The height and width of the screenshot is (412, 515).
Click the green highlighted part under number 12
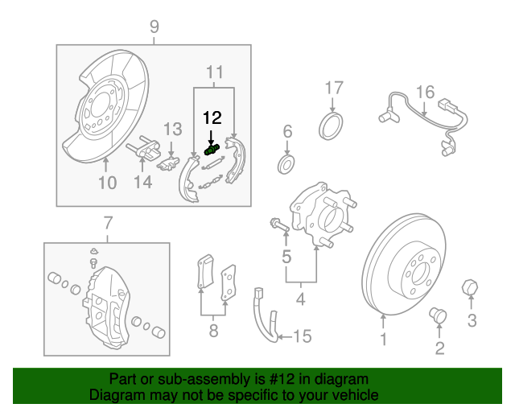coord(212,150)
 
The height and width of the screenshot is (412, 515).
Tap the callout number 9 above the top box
coord(154,27)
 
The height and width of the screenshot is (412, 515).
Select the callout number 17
coord(334,88)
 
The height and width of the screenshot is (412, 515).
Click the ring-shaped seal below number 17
coord(331,126)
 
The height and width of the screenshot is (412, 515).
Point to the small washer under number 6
coord(286,165)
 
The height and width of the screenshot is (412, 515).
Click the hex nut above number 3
coord(470,288)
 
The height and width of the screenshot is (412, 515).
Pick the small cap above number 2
coord(438,315)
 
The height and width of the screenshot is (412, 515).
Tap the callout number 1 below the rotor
coord(383,340)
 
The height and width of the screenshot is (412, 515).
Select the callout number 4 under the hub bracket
coord(301,299)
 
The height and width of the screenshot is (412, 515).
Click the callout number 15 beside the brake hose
coord(303,336)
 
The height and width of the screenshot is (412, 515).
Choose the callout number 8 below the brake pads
coord(213,331)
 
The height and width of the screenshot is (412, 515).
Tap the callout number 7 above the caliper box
coord(108,223)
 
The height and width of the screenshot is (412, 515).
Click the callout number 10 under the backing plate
coord(108,183)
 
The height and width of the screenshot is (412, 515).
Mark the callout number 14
coord(143,182)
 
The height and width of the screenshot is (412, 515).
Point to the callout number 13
coord(173,129)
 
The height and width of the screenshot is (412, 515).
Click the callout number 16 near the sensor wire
coord(426,92)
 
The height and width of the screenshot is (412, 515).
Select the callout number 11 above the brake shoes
coord(215,72)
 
